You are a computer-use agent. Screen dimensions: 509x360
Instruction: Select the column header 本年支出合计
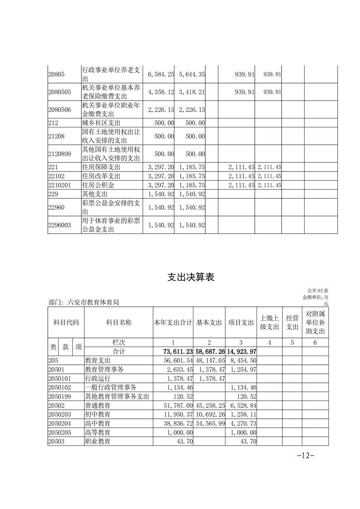[x=173, y=323]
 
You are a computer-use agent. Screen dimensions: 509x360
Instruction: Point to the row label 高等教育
[x=98, y=432]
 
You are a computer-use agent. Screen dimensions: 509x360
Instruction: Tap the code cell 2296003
[x=60, y=225]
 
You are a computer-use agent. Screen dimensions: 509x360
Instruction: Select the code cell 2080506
[x=60, y=110]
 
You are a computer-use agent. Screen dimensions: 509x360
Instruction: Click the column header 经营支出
[x=292, y=323]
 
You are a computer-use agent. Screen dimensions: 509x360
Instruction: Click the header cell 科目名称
[x=118, y=323]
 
